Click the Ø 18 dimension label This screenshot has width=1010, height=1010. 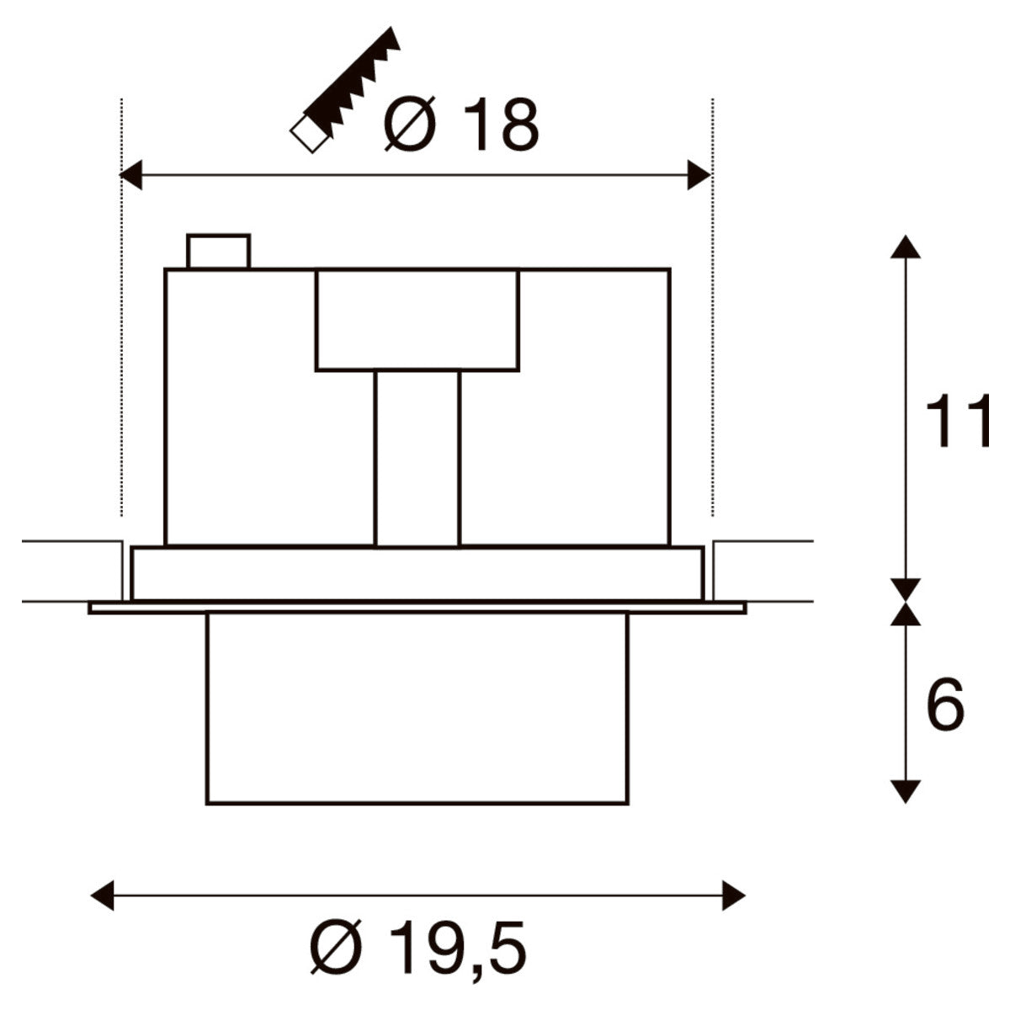coord(461,125)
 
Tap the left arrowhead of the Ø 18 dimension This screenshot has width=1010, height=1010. coord(131,175)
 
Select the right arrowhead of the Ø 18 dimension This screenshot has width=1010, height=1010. coord(699,175)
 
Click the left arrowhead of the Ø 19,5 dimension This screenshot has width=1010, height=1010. coord(102,896)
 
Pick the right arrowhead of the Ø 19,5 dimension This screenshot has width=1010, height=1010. coord(734,896)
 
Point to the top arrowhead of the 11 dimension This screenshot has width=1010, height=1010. coord(905,247)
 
